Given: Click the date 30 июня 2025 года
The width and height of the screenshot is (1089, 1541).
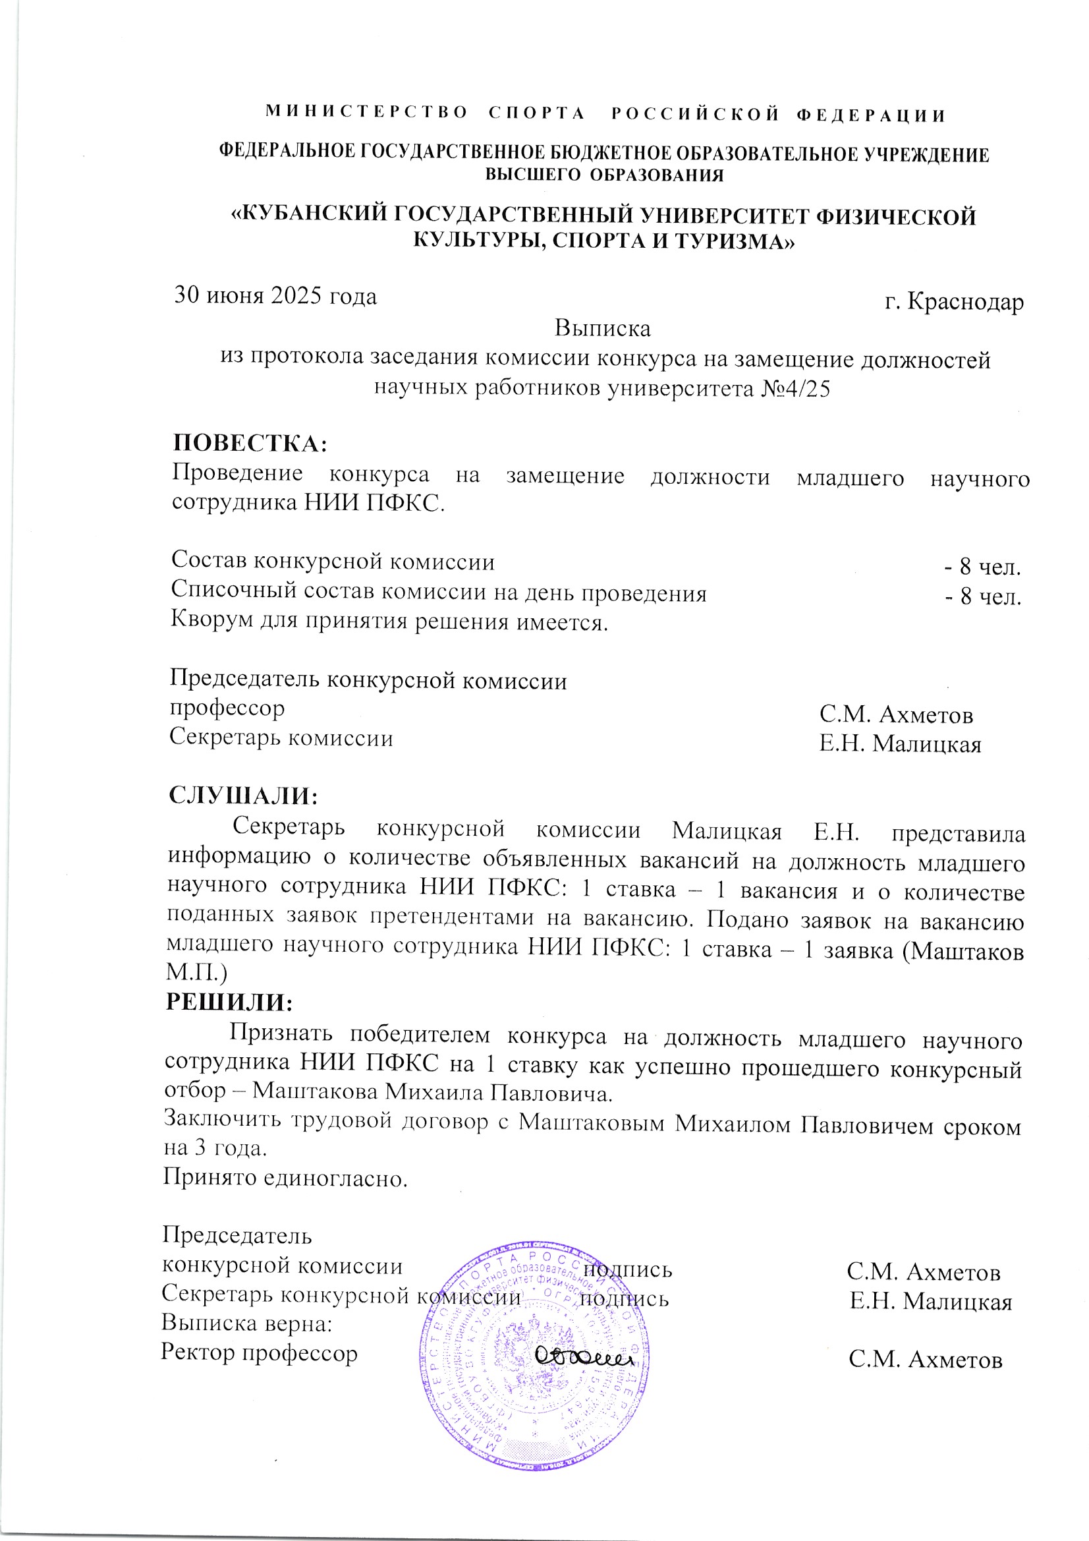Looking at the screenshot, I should click(x=275, y=296).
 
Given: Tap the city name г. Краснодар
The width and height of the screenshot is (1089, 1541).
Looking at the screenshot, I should click(x=953, y=302).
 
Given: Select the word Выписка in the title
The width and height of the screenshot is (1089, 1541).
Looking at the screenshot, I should click(x=602, y=329).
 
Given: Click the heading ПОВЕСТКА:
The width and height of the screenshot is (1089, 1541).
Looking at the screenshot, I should click(x=250, y=444).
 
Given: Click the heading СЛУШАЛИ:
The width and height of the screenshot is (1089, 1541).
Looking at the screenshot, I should click(x=243, y=796).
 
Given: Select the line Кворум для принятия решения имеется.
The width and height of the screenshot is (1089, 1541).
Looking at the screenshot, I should click(x=389, y=622).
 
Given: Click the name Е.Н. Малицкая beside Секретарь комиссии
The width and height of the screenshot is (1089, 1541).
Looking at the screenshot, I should click(x=900, y=744).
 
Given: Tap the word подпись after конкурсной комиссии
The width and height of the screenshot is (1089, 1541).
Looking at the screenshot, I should click(x=627, y=1270).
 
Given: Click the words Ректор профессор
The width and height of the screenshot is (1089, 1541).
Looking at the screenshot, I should click(x=259, y=1352).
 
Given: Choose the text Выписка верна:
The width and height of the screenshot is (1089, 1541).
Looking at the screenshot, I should click(x=247, y=1323).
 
